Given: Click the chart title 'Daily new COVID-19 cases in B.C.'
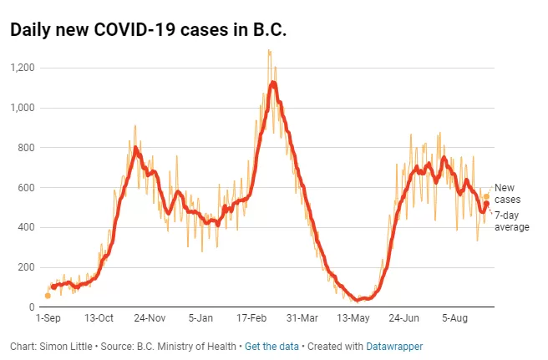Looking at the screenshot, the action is (x=148, y=29).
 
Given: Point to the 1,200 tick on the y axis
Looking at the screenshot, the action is (x=23, y=68).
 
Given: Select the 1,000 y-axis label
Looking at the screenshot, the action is (x=23, y=108).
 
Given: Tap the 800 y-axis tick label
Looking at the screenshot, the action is (x=27, y=148).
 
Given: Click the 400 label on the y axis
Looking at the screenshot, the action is (x=27, y=227).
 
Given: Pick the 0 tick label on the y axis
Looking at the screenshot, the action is (x=32, y=307).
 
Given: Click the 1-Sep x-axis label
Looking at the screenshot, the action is (x=48, y=318).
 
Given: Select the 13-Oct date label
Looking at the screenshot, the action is (x=99, y=318).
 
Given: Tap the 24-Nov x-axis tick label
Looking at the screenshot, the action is (x=150, y=318).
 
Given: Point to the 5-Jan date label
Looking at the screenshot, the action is (x=200, y=318).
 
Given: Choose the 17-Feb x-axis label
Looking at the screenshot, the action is (x=251, y=318).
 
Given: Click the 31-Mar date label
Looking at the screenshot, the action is (x=302, y=318).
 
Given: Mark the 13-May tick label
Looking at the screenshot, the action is (x=353, y=318).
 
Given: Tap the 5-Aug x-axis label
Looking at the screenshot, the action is (x=454, y=318).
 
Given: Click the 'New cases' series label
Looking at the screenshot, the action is (x=507, y=194).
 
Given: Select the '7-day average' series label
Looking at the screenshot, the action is (x=511, y=221).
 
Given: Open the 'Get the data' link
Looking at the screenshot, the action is (x=271, y=347).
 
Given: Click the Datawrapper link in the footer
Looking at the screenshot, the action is (x=394, y=347).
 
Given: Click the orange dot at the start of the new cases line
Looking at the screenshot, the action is (x=48, y=296).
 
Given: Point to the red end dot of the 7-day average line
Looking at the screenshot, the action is (x=486, y=204).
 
